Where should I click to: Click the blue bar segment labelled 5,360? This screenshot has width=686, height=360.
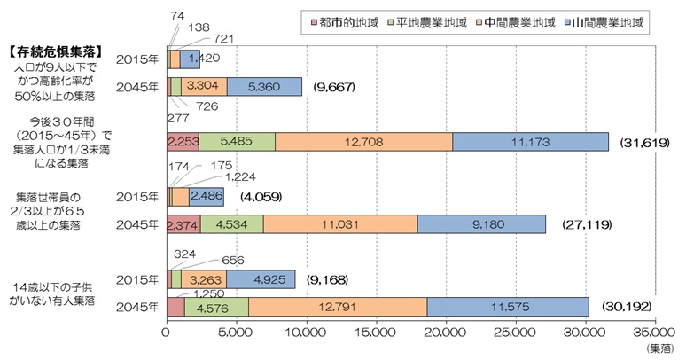click(x=264, y=87)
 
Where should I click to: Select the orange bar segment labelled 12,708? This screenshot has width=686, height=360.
click(x=363, y=142)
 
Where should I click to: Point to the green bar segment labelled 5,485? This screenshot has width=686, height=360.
click(x=237, y=142)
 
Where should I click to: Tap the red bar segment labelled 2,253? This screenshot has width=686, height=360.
click(x=182, y=142)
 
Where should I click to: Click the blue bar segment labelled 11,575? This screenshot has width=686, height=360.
click(x=508, y=306)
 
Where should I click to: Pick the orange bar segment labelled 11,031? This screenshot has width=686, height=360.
click(x=340, y=224)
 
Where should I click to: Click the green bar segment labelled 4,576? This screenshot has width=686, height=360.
click(x=216, y=306)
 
